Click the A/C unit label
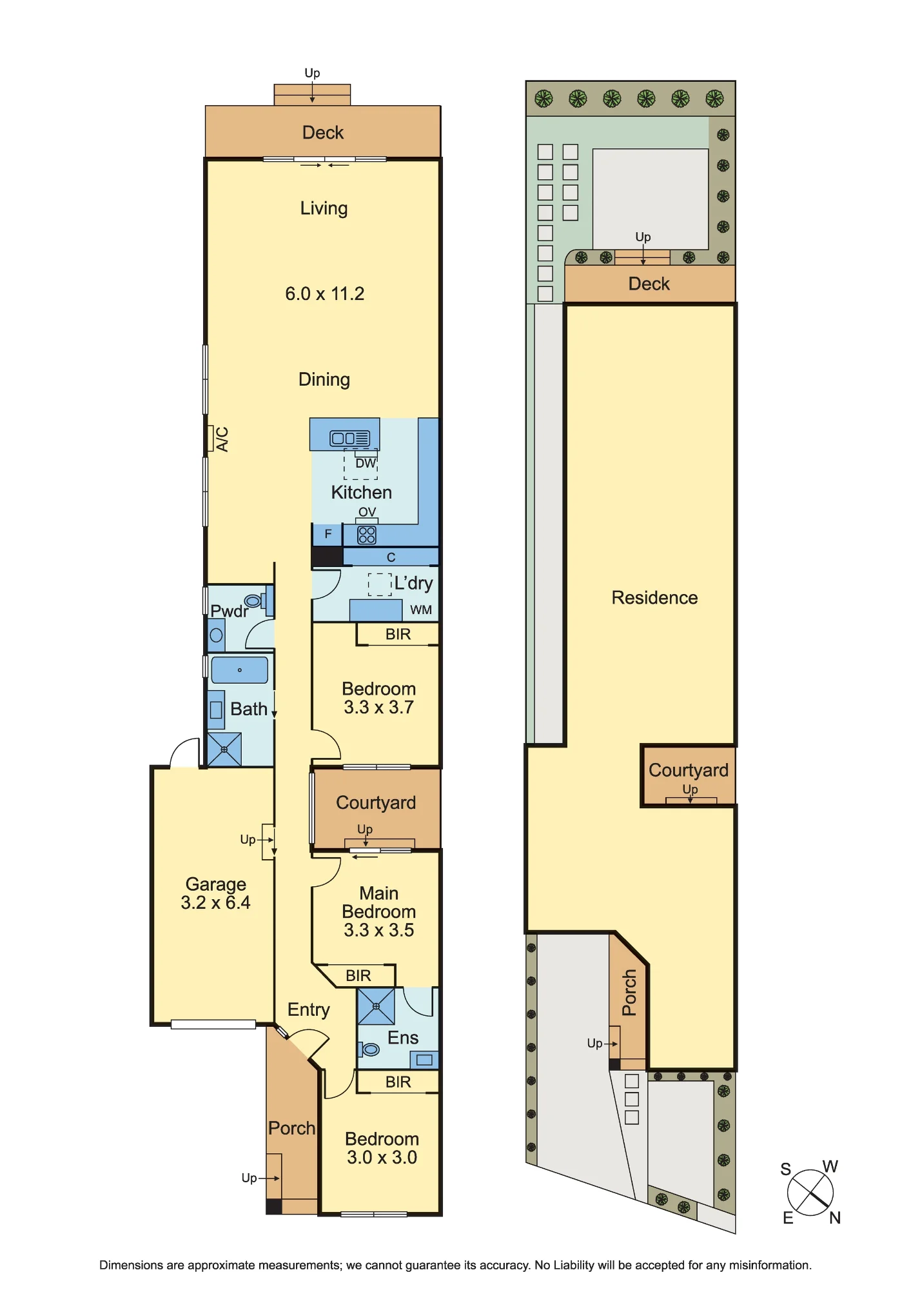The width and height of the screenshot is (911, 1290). [x=222, y=439]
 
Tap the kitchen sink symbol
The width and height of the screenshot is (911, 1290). [x=350, y=439]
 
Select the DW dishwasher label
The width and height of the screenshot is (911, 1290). [x=366, y=463]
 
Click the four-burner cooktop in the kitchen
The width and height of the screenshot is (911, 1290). [x=367, y=535]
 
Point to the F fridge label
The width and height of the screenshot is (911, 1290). [x=328, y=534]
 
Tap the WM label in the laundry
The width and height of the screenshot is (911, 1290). [x=421, y=610]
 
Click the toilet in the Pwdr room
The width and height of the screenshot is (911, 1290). [x=255, y=600]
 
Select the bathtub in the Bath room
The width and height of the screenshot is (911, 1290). [x=239, y=670]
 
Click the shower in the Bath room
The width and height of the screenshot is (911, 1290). [x=224, y=749]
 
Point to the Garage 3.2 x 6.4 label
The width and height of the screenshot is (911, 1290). [x=215, y=893]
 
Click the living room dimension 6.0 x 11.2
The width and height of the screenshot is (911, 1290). [x=325, y=294]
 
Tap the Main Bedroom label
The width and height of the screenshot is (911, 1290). [x=379, y=902]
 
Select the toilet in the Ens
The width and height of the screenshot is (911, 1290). [x=369, y=1049]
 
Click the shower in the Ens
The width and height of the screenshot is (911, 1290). [x=377, y=1006]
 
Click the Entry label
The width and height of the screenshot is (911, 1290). [x=309, y=1010]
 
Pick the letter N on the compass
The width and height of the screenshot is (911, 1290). [x=835, y=1218]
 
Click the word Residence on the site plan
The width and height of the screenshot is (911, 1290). [x=654, y=598]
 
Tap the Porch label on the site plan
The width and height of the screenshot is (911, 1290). [x=629, y=993]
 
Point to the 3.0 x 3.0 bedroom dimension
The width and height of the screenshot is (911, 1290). [x=382, y=1158]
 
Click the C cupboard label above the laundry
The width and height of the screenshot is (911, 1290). [x=391, y=557]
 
